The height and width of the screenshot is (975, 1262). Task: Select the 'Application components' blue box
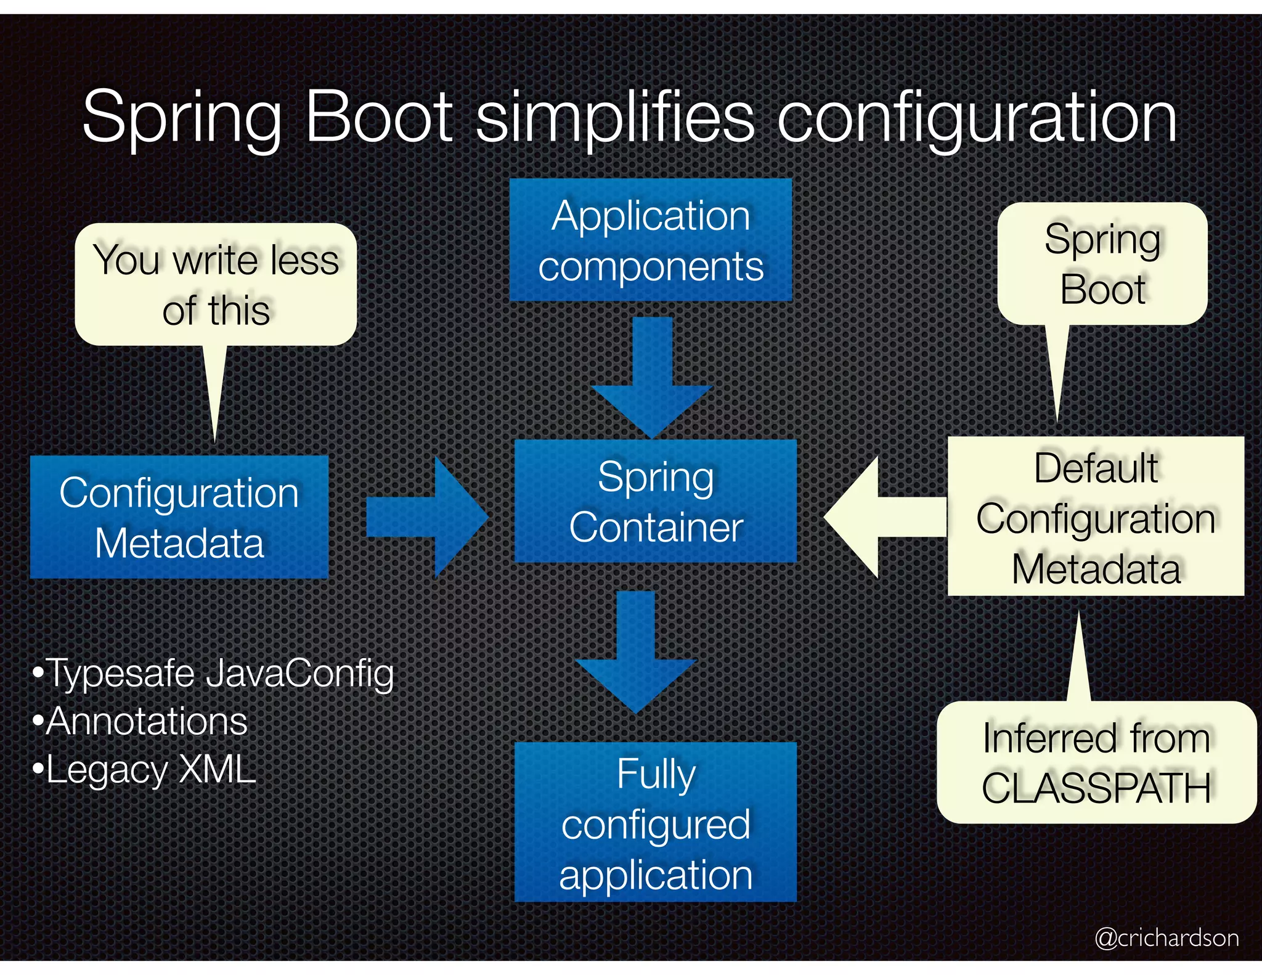(x=650, y=240)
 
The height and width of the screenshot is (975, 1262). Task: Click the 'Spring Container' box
(x=655, y=501)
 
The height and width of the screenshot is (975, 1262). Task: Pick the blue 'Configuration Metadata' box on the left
(x=179, y=517)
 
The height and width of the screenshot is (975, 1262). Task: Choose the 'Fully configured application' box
(x=655, y=822)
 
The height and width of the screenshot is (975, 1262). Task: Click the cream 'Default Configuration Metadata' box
(x=1095, y=516)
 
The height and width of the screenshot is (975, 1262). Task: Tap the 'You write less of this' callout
(x=216, y=284)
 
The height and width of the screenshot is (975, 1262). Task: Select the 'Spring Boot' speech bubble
(x=1102, y=264)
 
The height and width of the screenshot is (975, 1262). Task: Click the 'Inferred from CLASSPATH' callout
(x=1096, y=762)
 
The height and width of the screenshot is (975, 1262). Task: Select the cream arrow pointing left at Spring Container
(x=884, y=517)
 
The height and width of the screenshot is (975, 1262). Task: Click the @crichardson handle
(x=1166, y=937)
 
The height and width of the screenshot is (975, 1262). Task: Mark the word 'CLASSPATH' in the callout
(x=1096, y=788)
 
